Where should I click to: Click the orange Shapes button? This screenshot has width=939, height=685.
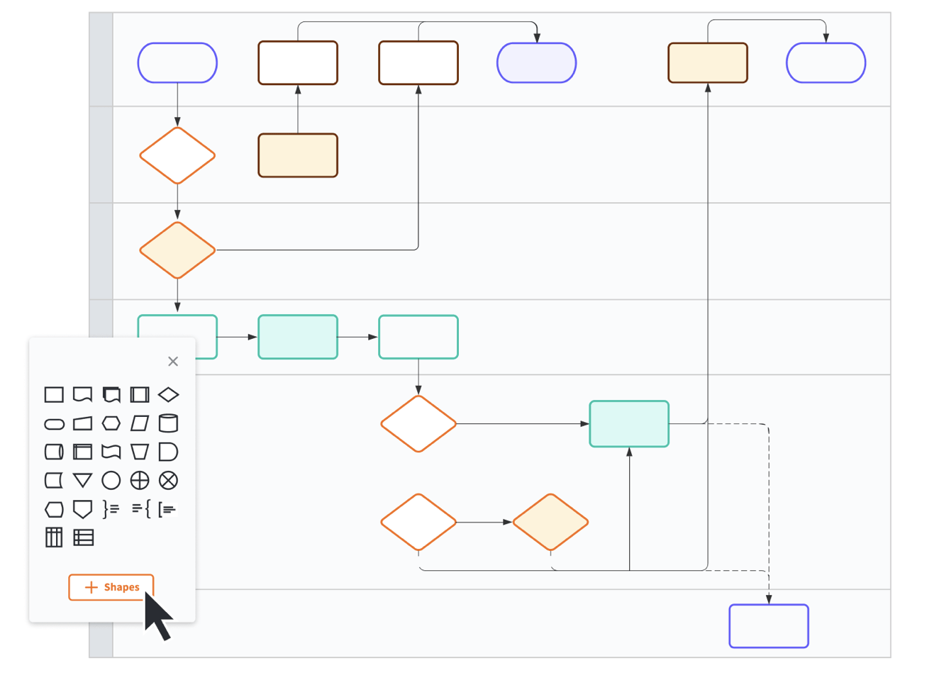tap(111, 587)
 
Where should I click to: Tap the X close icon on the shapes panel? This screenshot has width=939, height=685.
tap(173, 362)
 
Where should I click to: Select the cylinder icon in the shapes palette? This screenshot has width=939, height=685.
tap(168, 423)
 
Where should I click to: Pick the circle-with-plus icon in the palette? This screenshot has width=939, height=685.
tap(140, 481)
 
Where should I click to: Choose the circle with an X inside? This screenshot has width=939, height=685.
tap(168, 481)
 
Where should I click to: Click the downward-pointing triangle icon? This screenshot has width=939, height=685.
tap(83, 481)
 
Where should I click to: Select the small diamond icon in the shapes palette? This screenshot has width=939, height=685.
tap(168, 394)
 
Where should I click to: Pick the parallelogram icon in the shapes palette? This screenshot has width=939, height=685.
tap(140, 423)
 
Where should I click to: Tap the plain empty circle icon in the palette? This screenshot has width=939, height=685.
tap(111, 481)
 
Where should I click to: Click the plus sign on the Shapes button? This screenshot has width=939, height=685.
tap(91, 587)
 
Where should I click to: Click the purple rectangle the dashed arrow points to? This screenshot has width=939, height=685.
tap(769, 626)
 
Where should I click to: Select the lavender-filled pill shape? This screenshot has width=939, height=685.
tap(536, 63)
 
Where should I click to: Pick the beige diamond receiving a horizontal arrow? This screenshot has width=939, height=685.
tap(550, 522)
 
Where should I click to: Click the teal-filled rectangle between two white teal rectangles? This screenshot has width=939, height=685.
tap(298, 337)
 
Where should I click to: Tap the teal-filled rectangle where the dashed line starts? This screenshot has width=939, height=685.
tap(629, 424)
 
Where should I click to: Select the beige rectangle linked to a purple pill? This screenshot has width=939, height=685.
tap(708, 63)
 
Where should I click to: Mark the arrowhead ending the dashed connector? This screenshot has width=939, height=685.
tap(769, 600)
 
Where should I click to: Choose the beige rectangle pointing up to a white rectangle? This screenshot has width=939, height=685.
tap(298, 155)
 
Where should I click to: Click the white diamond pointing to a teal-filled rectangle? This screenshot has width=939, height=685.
tap(418, 424)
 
